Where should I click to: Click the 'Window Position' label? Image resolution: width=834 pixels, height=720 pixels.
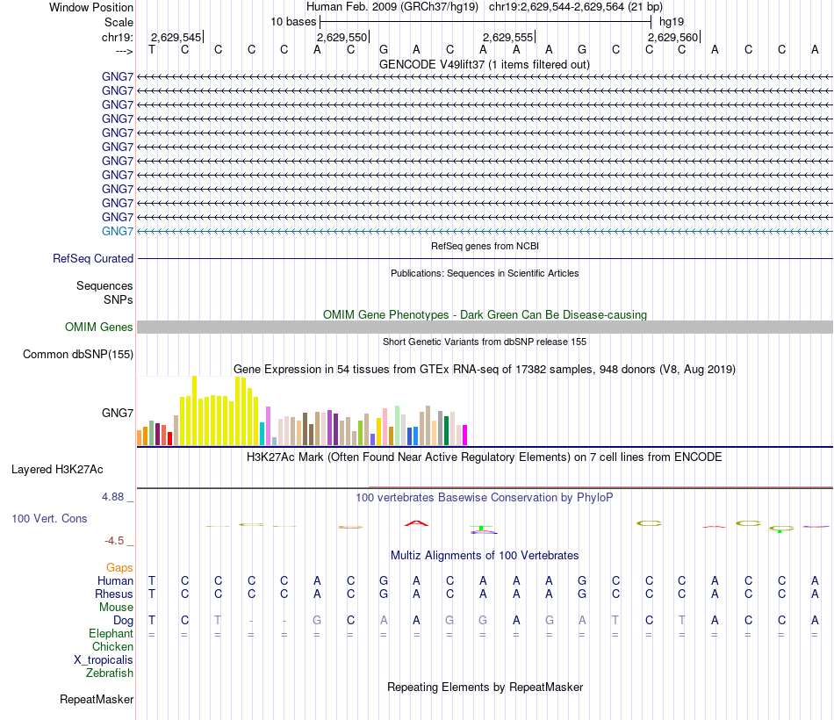click(x=91, y=7)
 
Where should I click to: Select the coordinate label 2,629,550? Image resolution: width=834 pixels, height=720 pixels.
click(x=342, y=37)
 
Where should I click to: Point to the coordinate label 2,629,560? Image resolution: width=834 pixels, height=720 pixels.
click(x=673, y=37)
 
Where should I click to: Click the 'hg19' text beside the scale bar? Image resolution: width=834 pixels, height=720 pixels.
click(x=672, y=20)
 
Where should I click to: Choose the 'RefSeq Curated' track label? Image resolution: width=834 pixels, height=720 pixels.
click(x=93, y=259)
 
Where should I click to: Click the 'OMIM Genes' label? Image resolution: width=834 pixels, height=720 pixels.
click(x=99, y=328)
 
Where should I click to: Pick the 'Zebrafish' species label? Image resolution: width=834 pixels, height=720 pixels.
click(x=110, y=673)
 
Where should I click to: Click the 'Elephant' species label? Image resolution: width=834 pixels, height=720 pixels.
click(x=111, y=633)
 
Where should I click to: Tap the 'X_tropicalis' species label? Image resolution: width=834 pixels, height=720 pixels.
click(x=104, y=660)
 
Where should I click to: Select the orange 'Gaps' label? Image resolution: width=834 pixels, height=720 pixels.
click(x=119, y=568)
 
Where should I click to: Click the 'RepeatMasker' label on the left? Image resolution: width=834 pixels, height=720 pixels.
click(x=97, y=700)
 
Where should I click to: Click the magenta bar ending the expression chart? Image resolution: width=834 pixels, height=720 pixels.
click(x=464, y=436)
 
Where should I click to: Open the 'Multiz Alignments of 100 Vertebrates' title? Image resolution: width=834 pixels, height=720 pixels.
click(x=485, y=556)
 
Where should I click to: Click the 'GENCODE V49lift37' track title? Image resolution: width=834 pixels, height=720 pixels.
click(x=484, y=65)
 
